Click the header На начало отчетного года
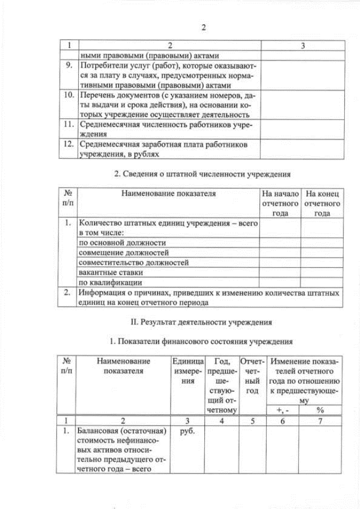pyautogui.click(x=280, y=203)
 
